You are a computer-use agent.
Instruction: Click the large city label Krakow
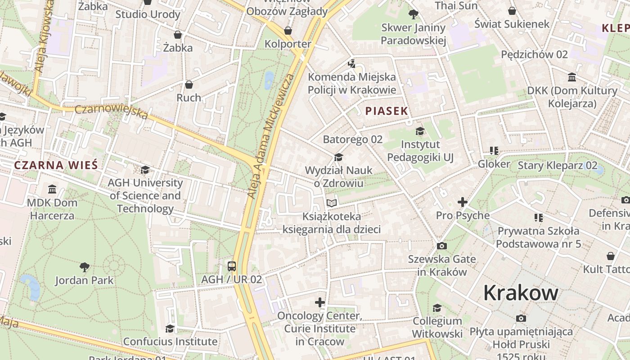[x=521, y=293]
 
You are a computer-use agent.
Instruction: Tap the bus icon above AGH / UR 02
[x=231, y=266]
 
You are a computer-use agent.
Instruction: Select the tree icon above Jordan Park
[x=84, y=267]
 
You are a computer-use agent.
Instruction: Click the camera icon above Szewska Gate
[x=441, y=246]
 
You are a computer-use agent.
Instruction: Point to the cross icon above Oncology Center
[x=319, y=302]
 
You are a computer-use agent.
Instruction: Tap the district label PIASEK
[x=386, y=111]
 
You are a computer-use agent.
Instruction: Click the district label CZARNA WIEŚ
[x=56, y=165]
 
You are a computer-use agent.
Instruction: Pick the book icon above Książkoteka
[x=332, y=203]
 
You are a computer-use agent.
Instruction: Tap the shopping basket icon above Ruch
[x=189, y=85]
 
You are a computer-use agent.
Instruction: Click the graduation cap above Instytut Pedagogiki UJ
[x=420, y=131]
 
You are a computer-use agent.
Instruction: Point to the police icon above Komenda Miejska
[x=351, y=63]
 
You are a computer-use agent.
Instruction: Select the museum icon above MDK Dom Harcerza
[x=52, y=189]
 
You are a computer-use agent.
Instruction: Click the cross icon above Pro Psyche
[x=462, y=202]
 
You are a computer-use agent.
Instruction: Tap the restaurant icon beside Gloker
[x=494, y=151]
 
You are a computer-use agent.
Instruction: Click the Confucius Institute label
[x=170, y=342]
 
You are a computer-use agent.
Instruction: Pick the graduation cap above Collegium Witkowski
[x=437, y=308]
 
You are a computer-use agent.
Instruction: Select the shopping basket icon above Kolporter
[x=288, y=31]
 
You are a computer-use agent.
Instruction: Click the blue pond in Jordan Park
[x=31, y=287]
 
